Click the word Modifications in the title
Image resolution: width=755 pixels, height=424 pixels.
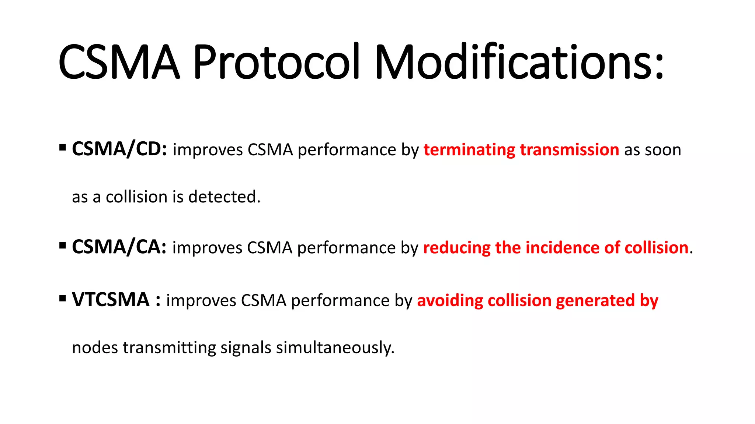[519, 62]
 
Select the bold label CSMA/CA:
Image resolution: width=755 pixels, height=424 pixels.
[119, 247]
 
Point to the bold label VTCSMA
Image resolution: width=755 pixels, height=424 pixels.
[111, 300]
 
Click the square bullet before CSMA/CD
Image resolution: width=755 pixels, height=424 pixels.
[62, 148]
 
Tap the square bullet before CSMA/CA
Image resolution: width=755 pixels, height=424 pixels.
[62, 245]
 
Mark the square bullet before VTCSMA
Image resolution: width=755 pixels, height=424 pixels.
[62, 298]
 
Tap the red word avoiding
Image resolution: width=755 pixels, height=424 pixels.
[450, 301]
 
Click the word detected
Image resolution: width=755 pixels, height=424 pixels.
[224, 197]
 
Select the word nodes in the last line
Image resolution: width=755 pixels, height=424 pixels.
[95, 348]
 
